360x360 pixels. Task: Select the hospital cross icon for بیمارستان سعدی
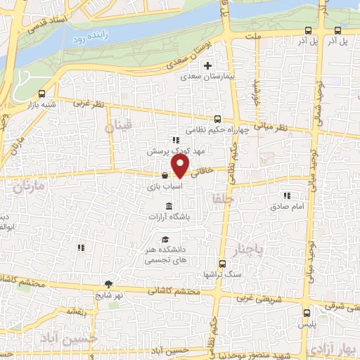pos(207,66)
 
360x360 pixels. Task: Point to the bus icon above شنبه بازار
pos(43,94)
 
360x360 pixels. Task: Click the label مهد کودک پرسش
pos(165,151)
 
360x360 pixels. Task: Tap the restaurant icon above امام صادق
pos(285,195)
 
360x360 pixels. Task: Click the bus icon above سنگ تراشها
pos(221,264)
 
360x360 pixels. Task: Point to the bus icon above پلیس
pos(305,314)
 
